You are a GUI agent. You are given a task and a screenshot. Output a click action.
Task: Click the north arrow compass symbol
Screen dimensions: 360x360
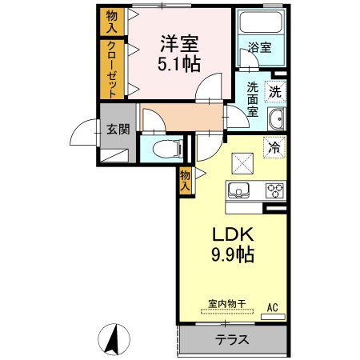pyautogui.click(x=114, y=339)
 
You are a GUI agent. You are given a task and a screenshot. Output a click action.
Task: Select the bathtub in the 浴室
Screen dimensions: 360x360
pyautogui.click(x=260, y=22)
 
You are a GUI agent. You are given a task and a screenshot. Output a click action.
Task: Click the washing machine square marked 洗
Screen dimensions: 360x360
pyautogui.click(x=275, y=92)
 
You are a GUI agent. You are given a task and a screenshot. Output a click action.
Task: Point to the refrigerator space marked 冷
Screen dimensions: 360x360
pyautogui.click(x=274, y=147)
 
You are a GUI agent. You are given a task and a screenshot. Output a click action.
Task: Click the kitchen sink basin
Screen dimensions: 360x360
pyautogui.click(x=238, y=190)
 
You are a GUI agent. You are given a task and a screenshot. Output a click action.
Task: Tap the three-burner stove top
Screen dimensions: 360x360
pyautogui.click(x=274, y=190)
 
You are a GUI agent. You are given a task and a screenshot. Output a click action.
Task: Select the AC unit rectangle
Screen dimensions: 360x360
pyautogui.click(x=273, y=317)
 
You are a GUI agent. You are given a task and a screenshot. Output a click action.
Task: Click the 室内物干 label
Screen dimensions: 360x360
pyautogui.click(x=226, y=304)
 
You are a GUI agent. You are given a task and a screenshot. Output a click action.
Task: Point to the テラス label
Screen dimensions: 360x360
pyautogui.click(x=232, y=340)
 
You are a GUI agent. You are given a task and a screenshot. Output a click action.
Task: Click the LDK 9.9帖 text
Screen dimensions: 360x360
pyautogui.click(x=233, y=245)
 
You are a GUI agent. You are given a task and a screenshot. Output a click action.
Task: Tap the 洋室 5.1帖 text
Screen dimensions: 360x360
pyautogui.click(x=179, y=54)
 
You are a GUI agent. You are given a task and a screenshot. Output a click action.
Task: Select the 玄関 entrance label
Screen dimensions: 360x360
pyautogui.click(x=118, y=129)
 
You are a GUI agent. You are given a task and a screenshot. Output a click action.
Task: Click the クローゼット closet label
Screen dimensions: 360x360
pyautogui.click(x=112, y=70)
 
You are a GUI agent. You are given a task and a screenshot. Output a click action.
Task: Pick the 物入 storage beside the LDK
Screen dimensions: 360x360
pyautogui.click(x=186, y=181)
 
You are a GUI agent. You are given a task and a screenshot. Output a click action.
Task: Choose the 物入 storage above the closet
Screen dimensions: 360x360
pyautogui.click(x=112, y=22)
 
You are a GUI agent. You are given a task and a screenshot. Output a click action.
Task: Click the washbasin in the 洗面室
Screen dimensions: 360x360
pyautogui.click(x=276, y=119)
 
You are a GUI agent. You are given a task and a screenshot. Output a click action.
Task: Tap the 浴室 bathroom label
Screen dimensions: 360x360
pyautogui.click(x=259, y=47)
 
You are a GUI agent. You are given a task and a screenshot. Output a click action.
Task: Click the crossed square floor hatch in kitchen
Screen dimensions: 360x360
pyautogui.click(x=242, y=163)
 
